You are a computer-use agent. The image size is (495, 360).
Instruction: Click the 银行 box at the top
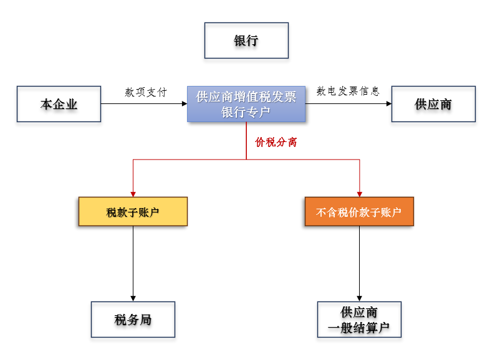246,40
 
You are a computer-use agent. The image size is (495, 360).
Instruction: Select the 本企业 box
59,104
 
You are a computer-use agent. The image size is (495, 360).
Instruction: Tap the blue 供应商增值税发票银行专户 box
246,104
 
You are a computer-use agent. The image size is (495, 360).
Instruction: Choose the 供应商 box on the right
433,104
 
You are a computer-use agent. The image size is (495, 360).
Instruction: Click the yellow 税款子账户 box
133,212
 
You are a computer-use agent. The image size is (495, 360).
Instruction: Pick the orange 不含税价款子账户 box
359,212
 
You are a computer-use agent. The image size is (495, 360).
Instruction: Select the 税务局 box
133,320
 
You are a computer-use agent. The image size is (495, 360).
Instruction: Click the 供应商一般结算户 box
359,320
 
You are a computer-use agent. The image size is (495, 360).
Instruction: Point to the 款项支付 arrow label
146,92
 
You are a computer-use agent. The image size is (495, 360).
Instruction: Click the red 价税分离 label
276,142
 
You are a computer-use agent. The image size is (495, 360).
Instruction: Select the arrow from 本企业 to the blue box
143,103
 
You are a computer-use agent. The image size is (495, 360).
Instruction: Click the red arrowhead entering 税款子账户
133,194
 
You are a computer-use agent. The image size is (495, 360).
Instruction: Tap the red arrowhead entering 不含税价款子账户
360,194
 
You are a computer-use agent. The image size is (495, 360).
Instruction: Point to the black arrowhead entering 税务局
133,298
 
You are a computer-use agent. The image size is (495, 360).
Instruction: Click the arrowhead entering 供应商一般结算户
359,298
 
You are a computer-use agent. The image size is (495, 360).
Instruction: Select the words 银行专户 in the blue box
246,112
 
